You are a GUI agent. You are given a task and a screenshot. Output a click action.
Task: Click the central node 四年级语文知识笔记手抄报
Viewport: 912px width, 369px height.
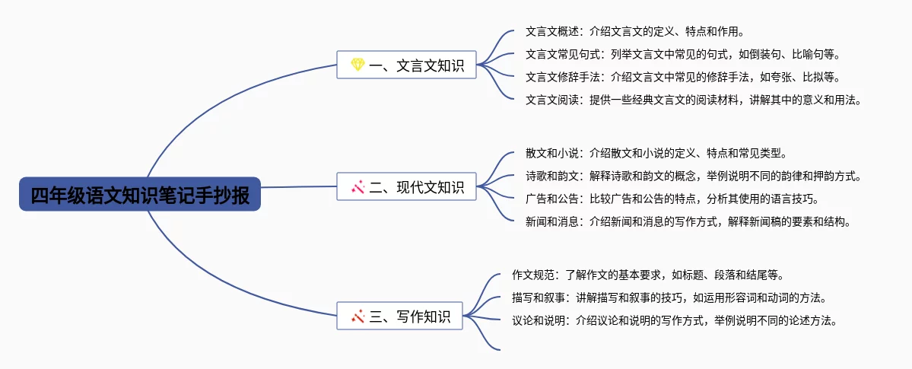[140, 194]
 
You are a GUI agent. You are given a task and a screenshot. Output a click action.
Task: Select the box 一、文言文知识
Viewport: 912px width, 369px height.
[407, 65]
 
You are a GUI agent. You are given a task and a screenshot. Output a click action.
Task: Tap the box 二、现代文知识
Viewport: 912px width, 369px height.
[407, 187]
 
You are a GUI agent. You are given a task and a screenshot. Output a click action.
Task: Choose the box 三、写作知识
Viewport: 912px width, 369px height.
[399, 316]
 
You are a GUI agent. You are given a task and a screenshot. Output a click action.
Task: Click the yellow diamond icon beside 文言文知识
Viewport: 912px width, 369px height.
[357, 65]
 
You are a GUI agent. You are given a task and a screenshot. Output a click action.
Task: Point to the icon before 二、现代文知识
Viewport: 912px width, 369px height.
[357, 187]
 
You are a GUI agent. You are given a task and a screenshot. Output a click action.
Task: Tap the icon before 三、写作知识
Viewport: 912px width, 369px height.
[357, 316]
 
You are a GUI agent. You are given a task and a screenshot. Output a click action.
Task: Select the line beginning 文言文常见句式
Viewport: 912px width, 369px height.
[683, 54]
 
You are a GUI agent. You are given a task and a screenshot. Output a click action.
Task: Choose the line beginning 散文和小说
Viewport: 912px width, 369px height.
[656, 154]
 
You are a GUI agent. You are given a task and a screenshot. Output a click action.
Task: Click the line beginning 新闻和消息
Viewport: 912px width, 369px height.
[688, 221]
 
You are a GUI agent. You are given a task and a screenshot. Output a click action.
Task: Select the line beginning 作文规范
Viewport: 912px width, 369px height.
[649, 275]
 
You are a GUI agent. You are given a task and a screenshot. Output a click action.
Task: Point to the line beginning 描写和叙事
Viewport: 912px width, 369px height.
[670, 298]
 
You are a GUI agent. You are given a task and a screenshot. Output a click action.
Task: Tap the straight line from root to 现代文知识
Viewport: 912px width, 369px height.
[298, 187]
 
